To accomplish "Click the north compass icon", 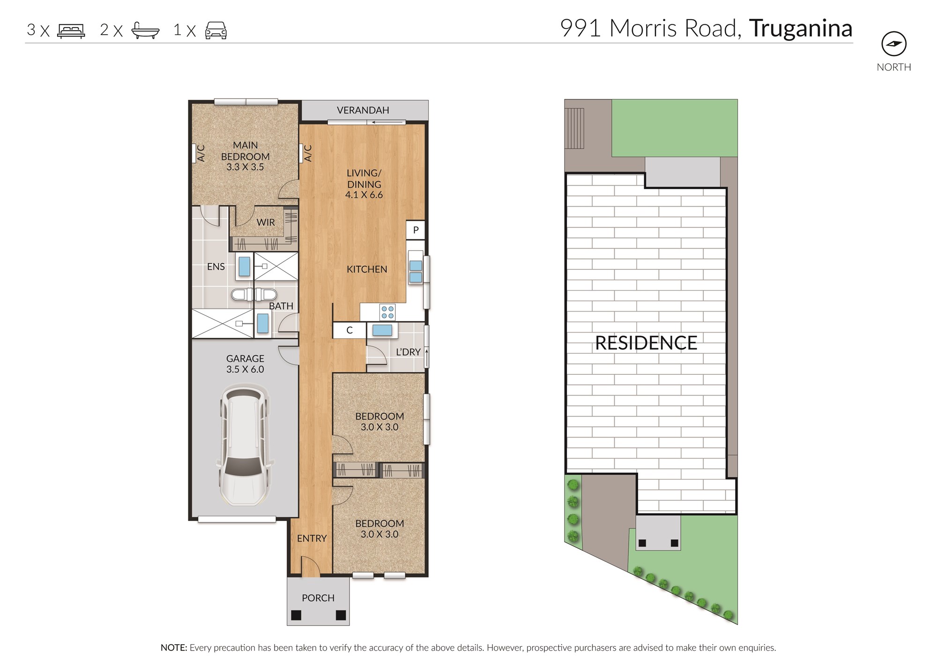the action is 894,44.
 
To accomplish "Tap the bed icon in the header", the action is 71,30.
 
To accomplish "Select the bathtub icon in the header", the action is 145,30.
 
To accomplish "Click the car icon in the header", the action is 216,30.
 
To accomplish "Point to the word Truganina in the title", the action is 801,29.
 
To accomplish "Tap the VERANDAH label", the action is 363,110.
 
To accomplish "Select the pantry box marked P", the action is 416,230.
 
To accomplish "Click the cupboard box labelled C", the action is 350,330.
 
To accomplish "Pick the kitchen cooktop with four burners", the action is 387,312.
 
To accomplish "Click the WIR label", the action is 266,223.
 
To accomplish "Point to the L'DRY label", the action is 408,352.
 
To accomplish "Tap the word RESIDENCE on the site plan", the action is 646,343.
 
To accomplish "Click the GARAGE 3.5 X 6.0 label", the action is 245,364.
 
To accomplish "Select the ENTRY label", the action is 312,538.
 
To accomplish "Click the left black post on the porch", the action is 296,615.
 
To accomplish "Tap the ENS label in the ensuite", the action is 216,267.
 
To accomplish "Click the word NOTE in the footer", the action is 174,648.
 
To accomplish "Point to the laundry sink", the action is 382,330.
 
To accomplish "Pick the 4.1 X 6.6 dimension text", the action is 364,195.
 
